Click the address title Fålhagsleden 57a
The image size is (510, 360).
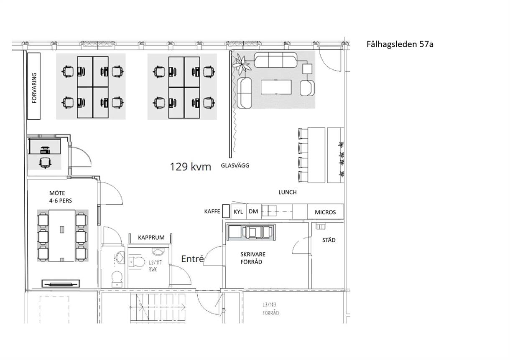pyautogui.click(x=400, y=44)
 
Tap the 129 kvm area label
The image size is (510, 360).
pyautogui.click(x=191, y=167)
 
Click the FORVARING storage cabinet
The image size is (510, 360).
pyautogui.click(x=34, y=86)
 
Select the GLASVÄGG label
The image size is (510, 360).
pyautogui.click(x=235, y=165)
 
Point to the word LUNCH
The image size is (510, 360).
pyautogui.click(x=288, y=192)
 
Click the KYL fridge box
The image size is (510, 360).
pyautogui.click(x=238, y=211)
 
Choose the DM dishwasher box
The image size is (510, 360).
pyautogui.click(x=253, y=211)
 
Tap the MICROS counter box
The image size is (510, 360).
pyautogui.click(x=325, y=212)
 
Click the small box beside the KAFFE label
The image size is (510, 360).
pyautogui.click(x=226, y=211)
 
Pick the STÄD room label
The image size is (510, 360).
pyautogui.click(x=329, y=240)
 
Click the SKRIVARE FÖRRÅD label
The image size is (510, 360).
pyautogui.click(x=251, y=258)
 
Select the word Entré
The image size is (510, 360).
pyautogui.click(x=192, y=259)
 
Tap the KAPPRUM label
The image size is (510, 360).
pyautogui.click(x=151, y=238)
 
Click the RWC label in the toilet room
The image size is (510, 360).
pyautogui.click(x=153, y=270)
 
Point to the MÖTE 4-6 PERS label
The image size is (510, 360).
pyautogui.click(x=61, y=197)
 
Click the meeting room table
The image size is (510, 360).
pyautogui.click(x=62, y=236)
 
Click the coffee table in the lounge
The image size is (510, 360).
pyautogui.click(x=276, y=87)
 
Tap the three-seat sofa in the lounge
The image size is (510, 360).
pyautogui.click(x=276, y=60)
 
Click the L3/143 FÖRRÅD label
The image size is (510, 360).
pyautogui.click(x=270, y=309)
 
